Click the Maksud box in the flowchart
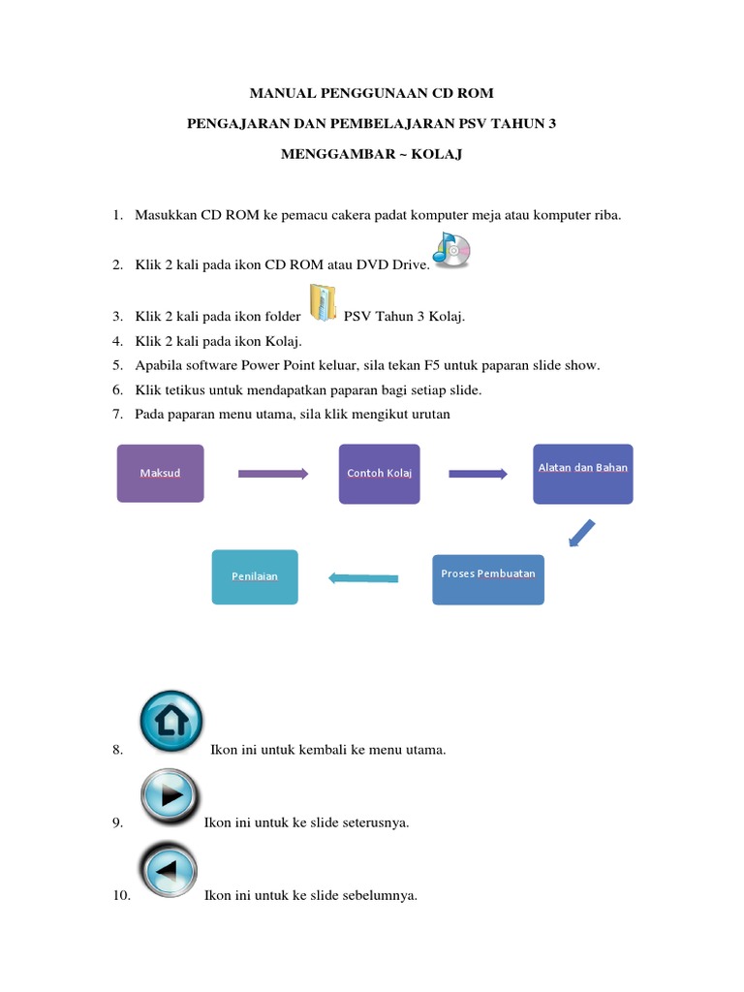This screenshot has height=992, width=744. [160, 473]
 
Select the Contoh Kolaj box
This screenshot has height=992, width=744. [379, 474]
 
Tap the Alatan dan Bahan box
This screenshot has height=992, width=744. [582, 474]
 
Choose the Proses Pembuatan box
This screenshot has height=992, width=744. [487, 578]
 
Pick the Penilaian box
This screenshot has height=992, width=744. [255, 576]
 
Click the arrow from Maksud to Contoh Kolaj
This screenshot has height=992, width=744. [272, 474]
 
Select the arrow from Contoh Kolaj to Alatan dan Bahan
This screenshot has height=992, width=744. [478, 474]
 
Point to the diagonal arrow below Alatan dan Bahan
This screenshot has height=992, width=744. [580, 533]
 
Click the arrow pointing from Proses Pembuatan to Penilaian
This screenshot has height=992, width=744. [363, 578]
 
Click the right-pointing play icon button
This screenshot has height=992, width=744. [170, 795]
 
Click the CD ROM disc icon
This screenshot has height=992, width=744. [451, 250]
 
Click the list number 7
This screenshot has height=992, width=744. [116, 414]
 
